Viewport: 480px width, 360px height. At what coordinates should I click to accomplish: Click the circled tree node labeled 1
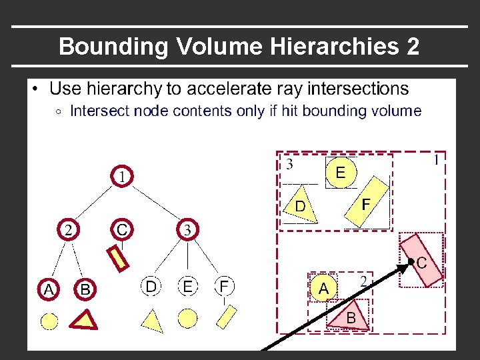(x=123, y=177)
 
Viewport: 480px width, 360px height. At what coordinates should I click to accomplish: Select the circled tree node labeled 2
(x=68, y=230)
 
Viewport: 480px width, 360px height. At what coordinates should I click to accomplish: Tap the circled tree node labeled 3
(x=188, y=230)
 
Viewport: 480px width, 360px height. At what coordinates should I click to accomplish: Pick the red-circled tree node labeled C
(x=122, y=229)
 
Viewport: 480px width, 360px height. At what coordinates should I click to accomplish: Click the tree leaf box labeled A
(x=49, y=289)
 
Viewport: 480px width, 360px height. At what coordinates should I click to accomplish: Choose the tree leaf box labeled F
(x=225, y=287)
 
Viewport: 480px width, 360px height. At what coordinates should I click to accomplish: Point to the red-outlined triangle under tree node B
(x=85, y=320)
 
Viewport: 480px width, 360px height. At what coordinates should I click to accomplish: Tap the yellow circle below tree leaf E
(x=188, y=319)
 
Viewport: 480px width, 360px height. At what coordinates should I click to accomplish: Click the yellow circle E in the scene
(x=340, y=173)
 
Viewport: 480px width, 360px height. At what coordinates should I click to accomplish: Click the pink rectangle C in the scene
(x=421, y=259)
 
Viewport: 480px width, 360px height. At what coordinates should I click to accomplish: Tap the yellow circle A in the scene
(x=323, y=288)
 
